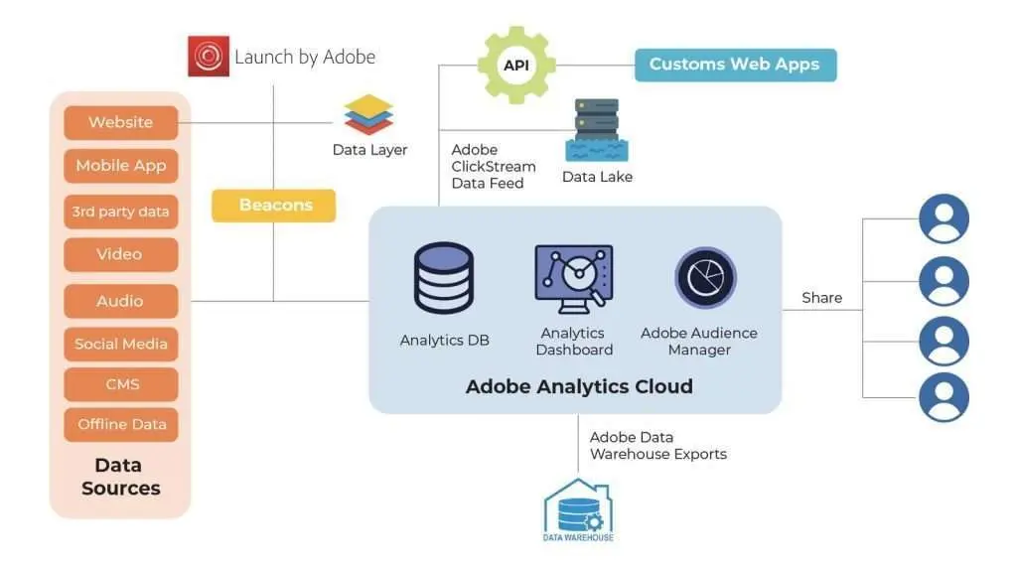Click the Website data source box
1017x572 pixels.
[121, 122]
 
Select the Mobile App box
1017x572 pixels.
[121, 166]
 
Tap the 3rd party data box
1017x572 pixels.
[121, 212]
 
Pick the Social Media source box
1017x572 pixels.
[121, 344]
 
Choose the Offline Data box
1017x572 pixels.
[121, 424]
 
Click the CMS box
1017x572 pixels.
[121, 384]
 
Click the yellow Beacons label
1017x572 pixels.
[274, 206]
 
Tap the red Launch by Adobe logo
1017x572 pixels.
[209, 57]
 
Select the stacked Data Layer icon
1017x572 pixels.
[369, 115]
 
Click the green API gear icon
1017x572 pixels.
[515, 66]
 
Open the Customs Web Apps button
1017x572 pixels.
[735, 65]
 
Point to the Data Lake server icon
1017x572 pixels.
[597, 129]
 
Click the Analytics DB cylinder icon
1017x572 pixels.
[444, 278]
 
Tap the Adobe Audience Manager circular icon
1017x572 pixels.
[705, 278]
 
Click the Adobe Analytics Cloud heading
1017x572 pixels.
[579, 386]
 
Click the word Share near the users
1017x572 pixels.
[821, 298]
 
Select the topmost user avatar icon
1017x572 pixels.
[943, 219]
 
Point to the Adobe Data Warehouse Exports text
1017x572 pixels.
[657, 446]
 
